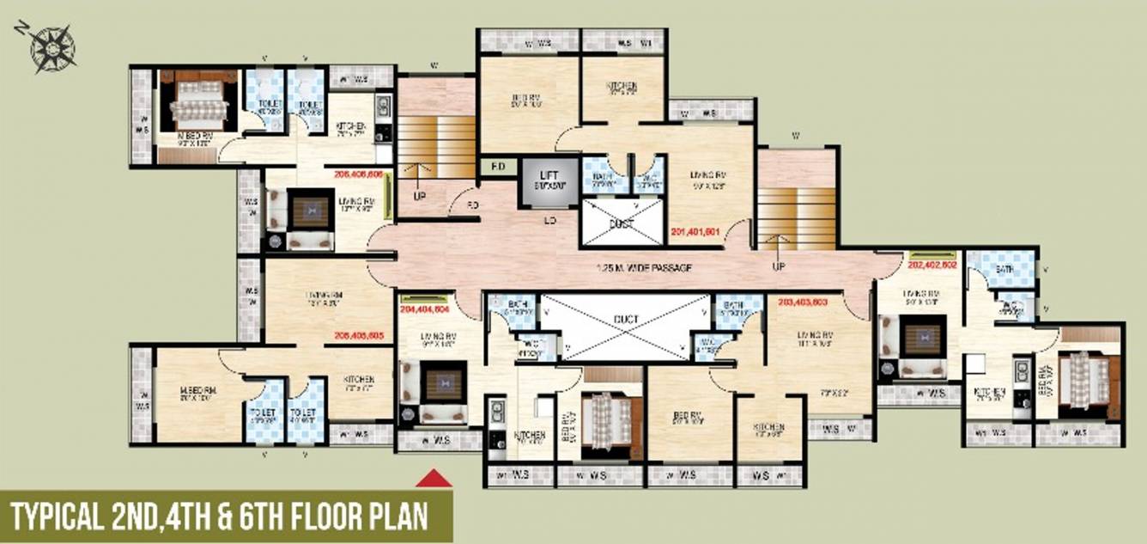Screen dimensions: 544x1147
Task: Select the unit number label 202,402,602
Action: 932,266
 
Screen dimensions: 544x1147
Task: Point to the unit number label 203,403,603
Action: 804,302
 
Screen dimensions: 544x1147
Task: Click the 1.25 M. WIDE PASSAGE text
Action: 643,268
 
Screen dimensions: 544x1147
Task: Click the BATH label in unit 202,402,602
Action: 1004,269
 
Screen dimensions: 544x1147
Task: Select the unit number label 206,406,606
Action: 358,174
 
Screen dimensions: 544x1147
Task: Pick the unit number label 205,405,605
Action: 358,337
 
